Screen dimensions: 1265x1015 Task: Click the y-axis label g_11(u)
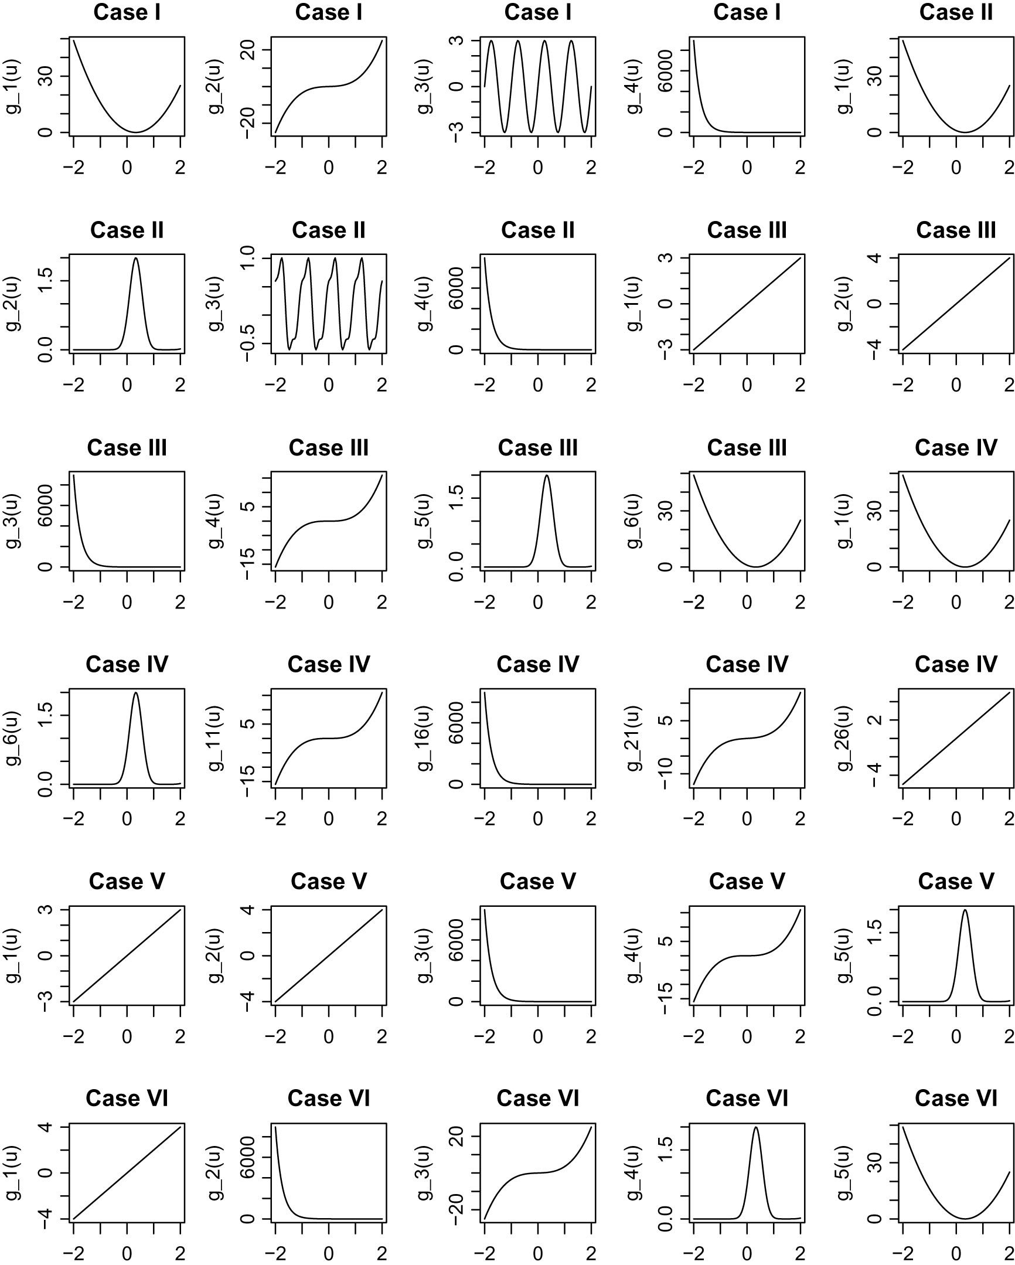click(216, 738)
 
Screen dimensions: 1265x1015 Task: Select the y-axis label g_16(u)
click(425, 738)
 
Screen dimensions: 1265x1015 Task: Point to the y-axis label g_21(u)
click(634, 738)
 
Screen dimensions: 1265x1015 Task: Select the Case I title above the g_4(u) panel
click(746, 12)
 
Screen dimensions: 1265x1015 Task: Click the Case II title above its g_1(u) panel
click(956, 12)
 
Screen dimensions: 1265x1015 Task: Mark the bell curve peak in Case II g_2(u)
click(136, 258)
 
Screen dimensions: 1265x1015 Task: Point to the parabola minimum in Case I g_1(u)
click(136, 132)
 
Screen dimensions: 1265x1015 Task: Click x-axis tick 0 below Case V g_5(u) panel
click(956, 1037)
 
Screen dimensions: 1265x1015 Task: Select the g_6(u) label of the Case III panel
click(634, 521)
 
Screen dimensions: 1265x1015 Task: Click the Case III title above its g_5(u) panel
click(537, 448)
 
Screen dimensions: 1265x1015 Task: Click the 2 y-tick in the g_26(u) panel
click(875, 720)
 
